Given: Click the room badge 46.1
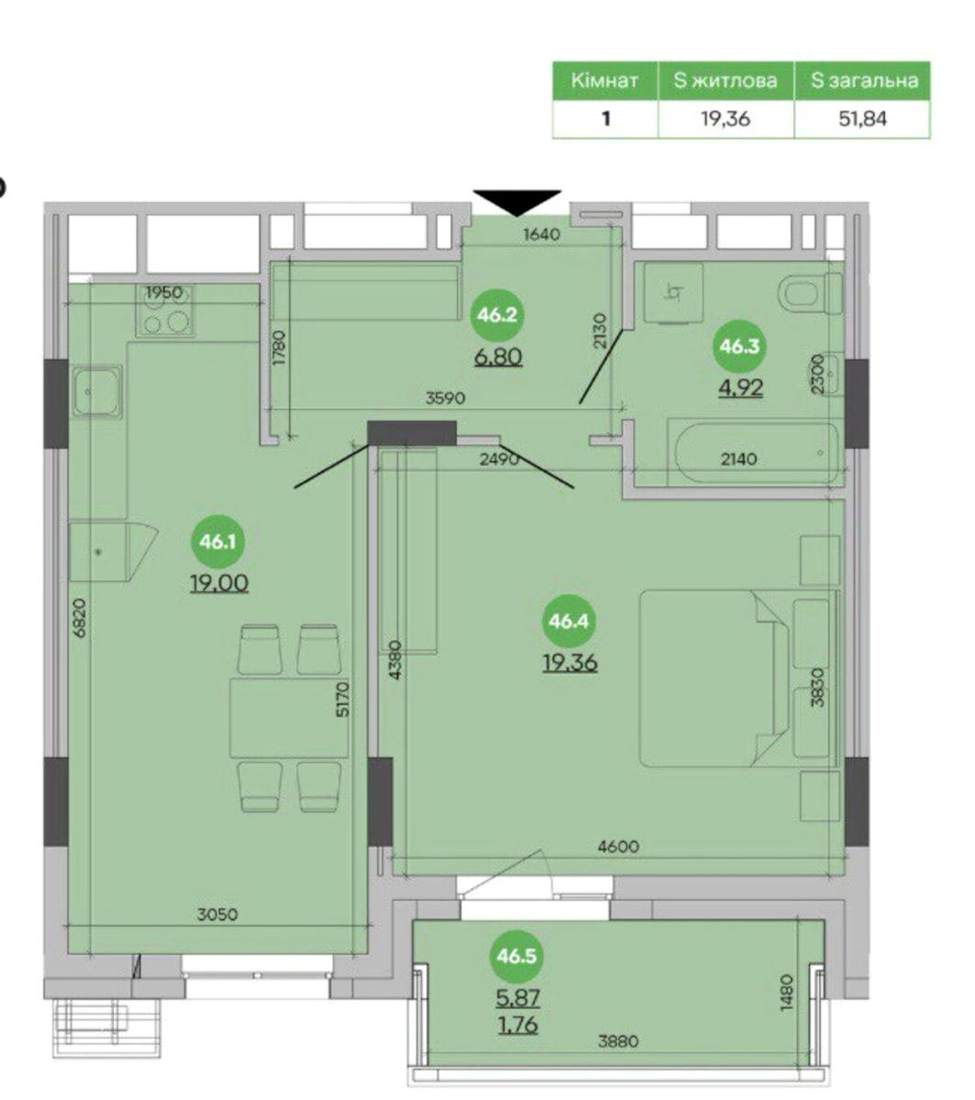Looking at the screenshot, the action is (x=217, y=542).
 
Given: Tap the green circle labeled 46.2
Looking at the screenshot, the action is (x=497, y=315).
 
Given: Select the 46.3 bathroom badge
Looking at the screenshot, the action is (x=739, y=346).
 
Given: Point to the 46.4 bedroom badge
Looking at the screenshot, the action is (x=569, y=621).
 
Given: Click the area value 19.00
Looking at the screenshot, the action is (x=219, y=584).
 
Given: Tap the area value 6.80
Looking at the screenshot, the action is (x=498, y=357).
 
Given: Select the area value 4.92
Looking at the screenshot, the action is (x=740, y=388).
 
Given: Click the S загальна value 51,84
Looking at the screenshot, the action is (x=862, y=118).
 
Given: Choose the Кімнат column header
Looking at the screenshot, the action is (x=604, y=81).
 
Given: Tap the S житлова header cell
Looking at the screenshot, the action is (x=726, y=81).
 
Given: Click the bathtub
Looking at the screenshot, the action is (x=753, y=453).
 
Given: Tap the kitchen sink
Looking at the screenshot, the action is (x=97, y=391).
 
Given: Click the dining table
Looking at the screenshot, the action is (x=288, y=718).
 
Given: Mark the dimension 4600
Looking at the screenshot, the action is (x=618, y=846).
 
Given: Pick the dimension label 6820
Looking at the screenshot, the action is (x=80, y=619).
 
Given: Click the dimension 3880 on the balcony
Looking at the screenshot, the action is (x=618, y=1040).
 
